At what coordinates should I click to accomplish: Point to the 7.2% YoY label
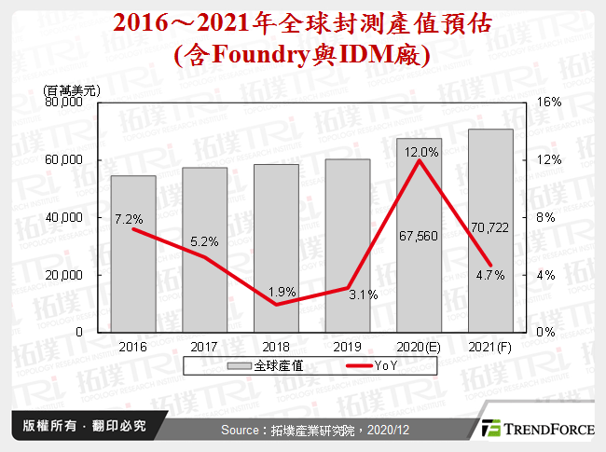click(129, 220)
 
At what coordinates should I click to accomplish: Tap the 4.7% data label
click(490, 275)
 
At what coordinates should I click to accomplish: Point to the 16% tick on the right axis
click(550, 103)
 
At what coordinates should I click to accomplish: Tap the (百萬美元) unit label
click(74, 89)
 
